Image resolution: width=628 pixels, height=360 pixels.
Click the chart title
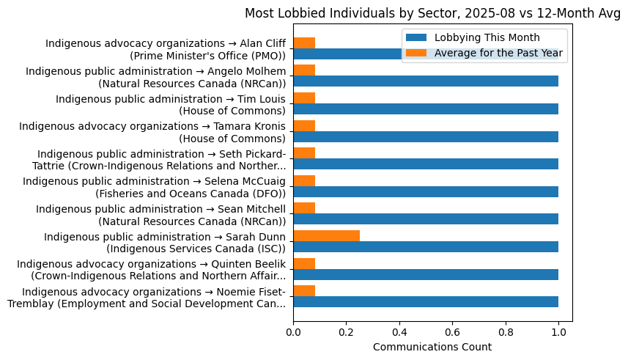click(x=432, y=12)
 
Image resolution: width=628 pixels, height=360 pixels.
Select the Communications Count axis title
click(x=432, y=347)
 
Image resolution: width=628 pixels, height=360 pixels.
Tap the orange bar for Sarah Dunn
click(x=326, y=235)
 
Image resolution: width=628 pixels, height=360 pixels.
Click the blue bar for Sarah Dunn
click(x=426, y=246)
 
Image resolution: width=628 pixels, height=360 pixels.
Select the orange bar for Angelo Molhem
click(x=304, y=70)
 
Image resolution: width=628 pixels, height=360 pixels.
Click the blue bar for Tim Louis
click(x=426, y=109)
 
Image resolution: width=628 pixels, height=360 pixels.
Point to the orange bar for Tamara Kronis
click(x=304, y=125)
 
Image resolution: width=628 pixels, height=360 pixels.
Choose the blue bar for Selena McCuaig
click(x=426, y=191)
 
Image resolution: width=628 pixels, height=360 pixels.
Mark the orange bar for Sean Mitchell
click(x=304, y=208)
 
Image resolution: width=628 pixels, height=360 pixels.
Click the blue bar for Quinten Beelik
click(x=426, y=274)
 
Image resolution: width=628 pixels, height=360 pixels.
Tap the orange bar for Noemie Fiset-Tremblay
click(x=304, y=291)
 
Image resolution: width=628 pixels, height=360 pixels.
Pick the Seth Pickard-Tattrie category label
click(x=161, y=159)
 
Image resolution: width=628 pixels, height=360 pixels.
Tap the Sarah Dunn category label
click(x=165, y=242)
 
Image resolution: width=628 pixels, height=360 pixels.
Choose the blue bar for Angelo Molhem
click(x=426, y=81)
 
